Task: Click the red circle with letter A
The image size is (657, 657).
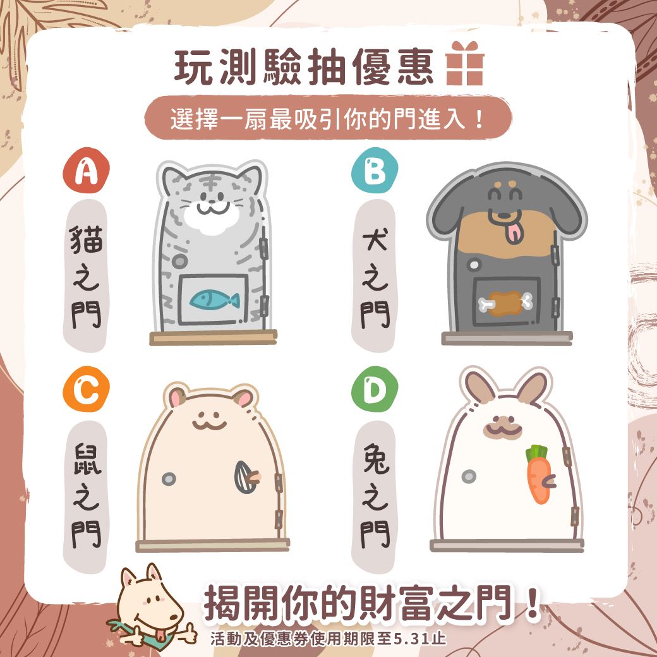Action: pyautogui.click(x=87, y=170)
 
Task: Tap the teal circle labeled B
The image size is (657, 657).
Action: pyautogui.click(x=375, y=170)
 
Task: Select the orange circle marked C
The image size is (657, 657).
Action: pyautogui.click(x=87, y=389)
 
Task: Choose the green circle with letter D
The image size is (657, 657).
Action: pyautogui.click(x=375, y=389)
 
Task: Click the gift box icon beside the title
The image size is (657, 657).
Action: pyautogui.click(x=465, y=63)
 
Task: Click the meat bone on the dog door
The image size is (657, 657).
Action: pyautogui.click(x=506, y=303)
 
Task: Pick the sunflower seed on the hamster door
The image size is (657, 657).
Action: pyautogui.click(x=247, y=477)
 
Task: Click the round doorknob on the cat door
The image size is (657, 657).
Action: pyautogui.click(x=179, y=262)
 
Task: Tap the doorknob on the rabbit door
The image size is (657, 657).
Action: pyautogui.click(x=469, y=476)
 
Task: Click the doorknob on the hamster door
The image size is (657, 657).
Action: pyautogui.click(x=169, y=478)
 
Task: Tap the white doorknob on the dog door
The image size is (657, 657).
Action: pyautogui.click(x=474, y=265)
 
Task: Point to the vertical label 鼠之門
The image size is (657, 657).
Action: pyautogui.click(x=87, y=496)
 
